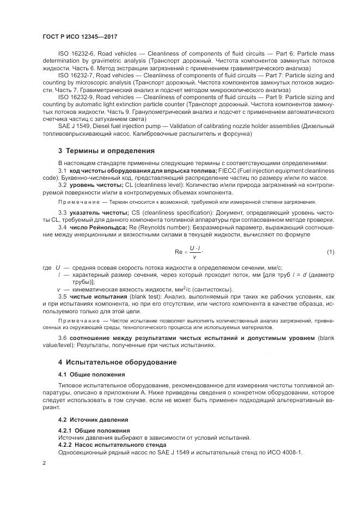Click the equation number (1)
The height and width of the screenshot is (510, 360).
(330, 252)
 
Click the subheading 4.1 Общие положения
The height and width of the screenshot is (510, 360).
(91, 374)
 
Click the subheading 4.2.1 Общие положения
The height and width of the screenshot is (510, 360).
(95, 430)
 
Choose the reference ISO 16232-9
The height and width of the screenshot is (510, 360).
(76, 96)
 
